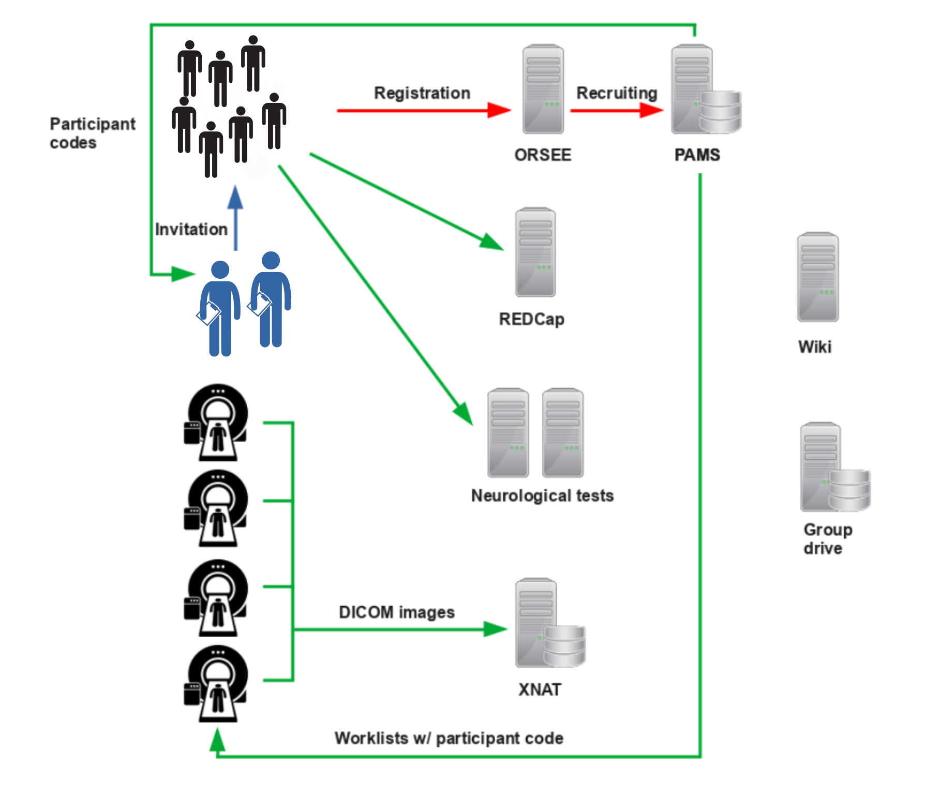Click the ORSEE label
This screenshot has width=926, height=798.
(543, 155)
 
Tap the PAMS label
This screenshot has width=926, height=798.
(697, 155)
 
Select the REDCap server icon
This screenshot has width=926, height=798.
(535, 252)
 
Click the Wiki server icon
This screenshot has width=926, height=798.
(817, 277)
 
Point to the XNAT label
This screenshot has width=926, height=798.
(540, 689)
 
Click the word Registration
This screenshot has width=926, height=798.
(422, 93)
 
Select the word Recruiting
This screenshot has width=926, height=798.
(617, 93)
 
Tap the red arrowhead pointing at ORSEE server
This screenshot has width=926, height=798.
(500, 110)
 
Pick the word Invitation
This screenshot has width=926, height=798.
(191, 229)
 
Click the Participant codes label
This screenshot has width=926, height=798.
(92, 133)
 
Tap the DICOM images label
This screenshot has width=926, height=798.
(397, 612)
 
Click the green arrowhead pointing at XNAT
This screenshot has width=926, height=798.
(495, 629)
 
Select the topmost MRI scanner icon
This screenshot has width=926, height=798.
(217, 423)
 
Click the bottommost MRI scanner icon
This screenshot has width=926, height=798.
(217, 684)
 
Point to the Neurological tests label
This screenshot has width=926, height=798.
(542, 495)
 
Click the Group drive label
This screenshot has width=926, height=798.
(827, 538)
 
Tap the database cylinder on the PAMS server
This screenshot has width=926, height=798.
(720, 112)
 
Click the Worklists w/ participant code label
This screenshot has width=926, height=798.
(449, 738)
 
